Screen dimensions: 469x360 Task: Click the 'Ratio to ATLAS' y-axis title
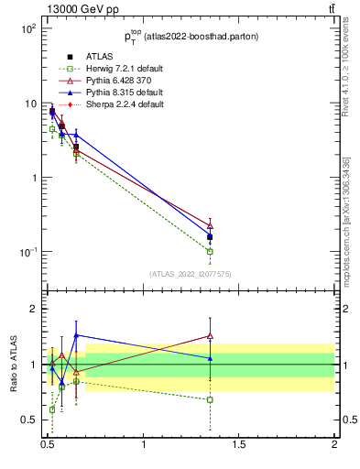tap(14, 365)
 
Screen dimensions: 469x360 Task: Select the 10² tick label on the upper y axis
tap(28, 28)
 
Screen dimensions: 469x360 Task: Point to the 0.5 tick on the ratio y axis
tap(30, 420)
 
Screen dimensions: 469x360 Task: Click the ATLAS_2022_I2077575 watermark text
tap(190, 274)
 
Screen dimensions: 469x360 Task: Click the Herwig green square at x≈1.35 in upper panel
tap(210, 251)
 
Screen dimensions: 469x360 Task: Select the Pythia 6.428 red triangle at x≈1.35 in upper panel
tap(210, 224)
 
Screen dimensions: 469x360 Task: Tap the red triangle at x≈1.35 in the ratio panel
tap(210, 336)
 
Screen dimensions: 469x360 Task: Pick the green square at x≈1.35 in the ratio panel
tap(210, 399)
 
